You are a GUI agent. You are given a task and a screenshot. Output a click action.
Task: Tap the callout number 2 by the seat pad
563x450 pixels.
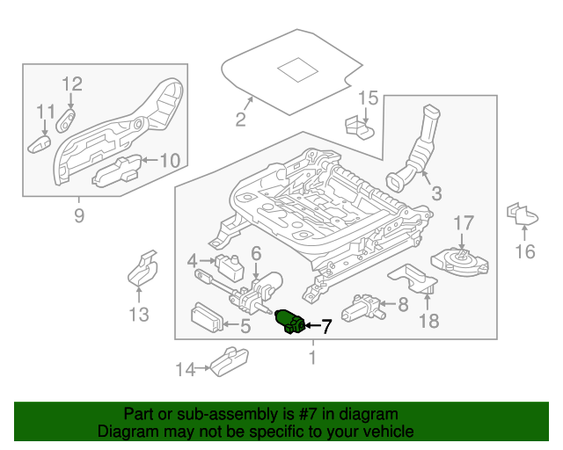(240, 120)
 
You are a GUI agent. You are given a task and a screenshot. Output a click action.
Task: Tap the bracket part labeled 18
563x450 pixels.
(415, 278)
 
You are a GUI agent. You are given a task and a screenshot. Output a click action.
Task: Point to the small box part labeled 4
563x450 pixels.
(230, 264)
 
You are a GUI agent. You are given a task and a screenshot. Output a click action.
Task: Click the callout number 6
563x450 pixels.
(256, 253)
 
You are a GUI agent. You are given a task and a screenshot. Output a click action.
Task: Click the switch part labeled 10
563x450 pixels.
(118, 168)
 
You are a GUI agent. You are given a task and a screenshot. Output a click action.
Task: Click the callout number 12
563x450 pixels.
(72, 84)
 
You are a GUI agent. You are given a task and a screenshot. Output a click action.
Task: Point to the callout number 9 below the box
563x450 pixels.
(79, 214)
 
